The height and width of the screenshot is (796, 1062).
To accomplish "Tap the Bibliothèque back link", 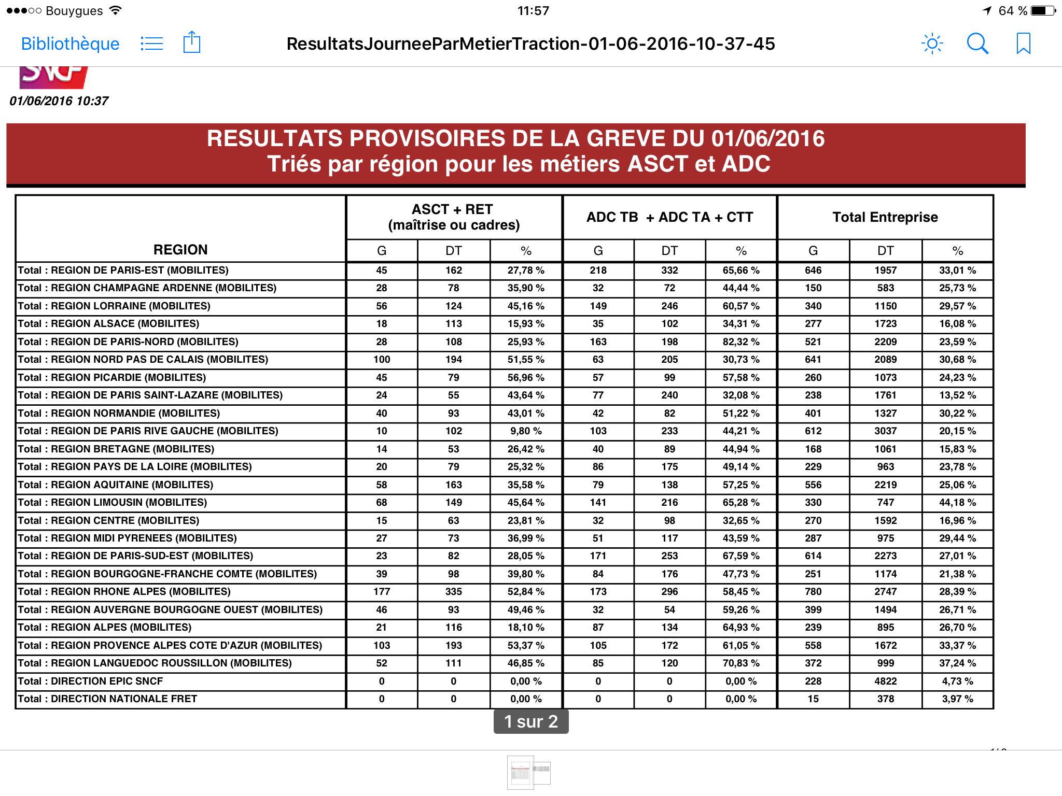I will [70, 44].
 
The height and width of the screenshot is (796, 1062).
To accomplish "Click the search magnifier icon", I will [977, 44].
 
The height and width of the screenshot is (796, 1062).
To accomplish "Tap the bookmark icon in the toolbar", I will [1023, 44].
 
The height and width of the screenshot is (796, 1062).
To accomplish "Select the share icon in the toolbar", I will [192, 42].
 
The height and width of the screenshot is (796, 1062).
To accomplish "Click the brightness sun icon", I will [932, 44].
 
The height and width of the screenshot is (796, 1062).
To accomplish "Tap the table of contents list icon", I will [151, 44].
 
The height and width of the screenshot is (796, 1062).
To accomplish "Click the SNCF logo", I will [53, 77].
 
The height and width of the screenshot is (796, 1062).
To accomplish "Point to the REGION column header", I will [180, 250].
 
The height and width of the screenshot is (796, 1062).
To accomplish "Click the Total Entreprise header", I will [885, 217].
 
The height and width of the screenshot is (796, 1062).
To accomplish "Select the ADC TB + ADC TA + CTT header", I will [669, 217].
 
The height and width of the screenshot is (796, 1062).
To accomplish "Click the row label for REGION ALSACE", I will [109, 324].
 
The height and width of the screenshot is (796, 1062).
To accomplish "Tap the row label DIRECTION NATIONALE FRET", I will [108, 699].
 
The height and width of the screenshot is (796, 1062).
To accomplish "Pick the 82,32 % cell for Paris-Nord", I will [741, 342].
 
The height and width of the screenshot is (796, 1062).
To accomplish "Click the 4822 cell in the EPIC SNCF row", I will [885, 681].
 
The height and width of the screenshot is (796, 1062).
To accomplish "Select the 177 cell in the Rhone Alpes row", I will [382, 592].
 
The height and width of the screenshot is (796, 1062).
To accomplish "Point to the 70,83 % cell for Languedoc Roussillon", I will [741, 663].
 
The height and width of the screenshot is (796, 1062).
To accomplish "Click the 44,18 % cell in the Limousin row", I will [957, 503].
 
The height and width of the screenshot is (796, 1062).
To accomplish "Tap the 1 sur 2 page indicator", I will [531, 721].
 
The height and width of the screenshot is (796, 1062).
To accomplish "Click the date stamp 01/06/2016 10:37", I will [59, 101].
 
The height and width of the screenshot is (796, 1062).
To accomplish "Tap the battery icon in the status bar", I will [1043, 11].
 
